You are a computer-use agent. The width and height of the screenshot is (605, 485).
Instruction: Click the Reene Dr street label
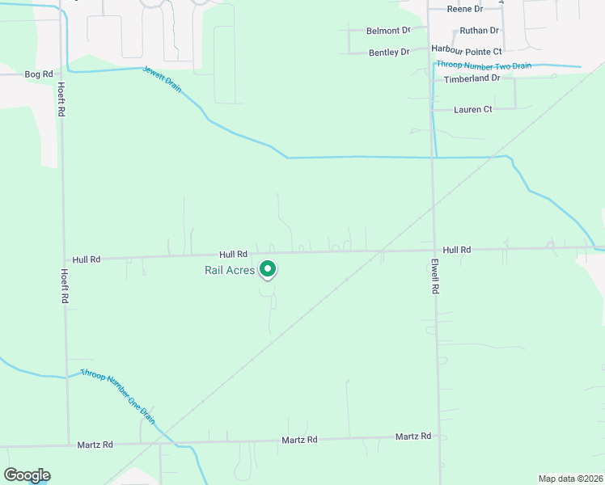(465, 9)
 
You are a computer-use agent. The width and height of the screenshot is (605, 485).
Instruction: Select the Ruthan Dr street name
(480, 31)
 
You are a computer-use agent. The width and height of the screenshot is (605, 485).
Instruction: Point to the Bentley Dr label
(389, 53)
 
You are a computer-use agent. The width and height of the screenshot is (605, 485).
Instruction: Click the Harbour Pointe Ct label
(467, 50)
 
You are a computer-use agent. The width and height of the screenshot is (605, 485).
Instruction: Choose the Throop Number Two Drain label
(484, 65)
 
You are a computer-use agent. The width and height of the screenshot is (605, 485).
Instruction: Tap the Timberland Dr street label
(472, 78)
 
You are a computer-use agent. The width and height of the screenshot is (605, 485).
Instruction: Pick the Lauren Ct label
(473, 109)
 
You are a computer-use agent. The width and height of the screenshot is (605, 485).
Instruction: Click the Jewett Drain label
(163, 78)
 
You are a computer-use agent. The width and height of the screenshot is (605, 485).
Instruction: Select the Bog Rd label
(38, 74)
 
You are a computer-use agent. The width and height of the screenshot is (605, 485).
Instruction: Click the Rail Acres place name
(229, 270)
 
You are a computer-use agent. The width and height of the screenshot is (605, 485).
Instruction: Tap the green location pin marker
(268, 270)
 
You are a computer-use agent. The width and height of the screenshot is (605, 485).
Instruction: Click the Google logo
(27, 475)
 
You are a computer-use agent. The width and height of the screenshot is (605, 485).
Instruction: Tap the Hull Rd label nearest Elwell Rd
(457, 251)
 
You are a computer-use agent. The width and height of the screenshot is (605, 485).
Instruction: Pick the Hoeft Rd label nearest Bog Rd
(61, 99)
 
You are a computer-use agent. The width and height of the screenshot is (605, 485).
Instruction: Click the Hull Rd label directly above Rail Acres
(231, 254)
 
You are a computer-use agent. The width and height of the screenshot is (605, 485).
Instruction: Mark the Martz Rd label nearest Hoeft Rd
(95, 445)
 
